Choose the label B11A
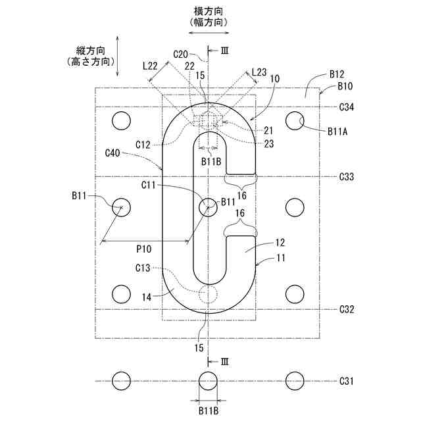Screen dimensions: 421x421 point(338,131)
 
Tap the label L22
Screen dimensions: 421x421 point(150,66)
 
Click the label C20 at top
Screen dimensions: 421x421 point(181,53)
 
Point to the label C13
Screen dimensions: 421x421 point(143,268)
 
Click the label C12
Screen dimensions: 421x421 point(144,143)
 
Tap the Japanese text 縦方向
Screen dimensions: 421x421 point(91,50)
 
